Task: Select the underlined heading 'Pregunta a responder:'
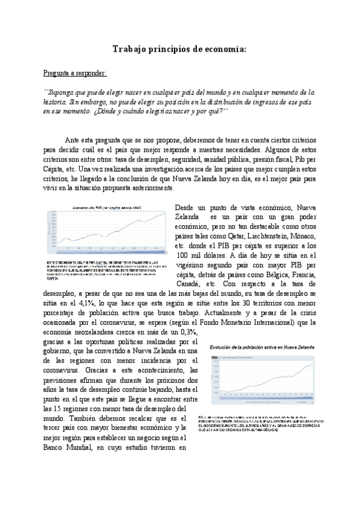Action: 75,73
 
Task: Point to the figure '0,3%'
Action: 187,332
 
